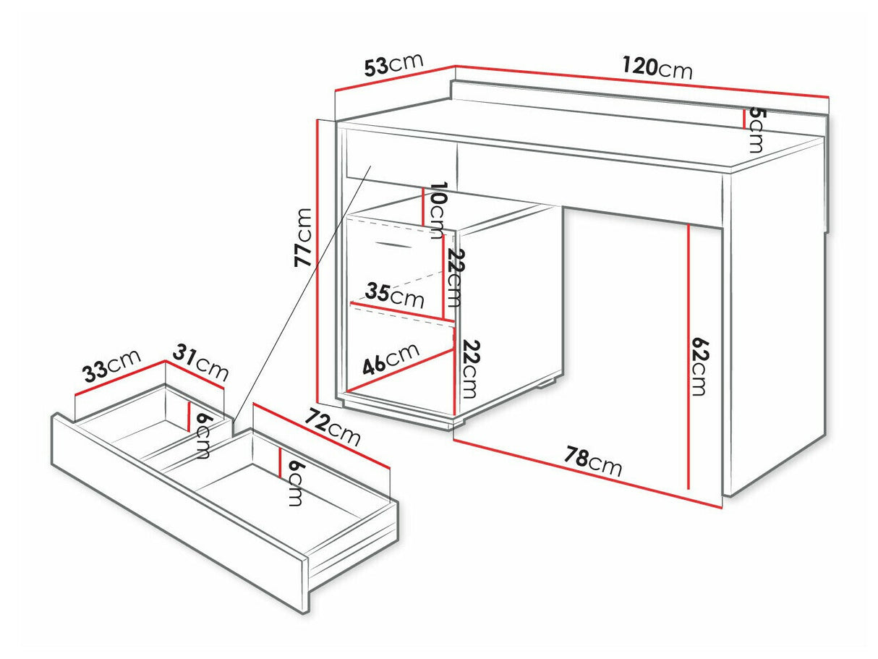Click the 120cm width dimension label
point(657,68)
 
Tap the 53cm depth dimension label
point(393,64)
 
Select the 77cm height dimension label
point(302,237)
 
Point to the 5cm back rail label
point(755,130)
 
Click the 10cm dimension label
point(438,211)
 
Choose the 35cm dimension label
point(394,295)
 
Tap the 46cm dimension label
point(391,360)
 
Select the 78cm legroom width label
point(593,462)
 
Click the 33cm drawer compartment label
point(112,365)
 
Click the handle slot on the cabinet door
point(393,245)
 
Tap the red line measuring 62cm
point(689,357)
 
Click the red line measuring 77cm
point(317,261)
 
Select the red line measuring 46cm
point(401,370)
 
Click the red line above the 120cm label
point(642,81)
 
